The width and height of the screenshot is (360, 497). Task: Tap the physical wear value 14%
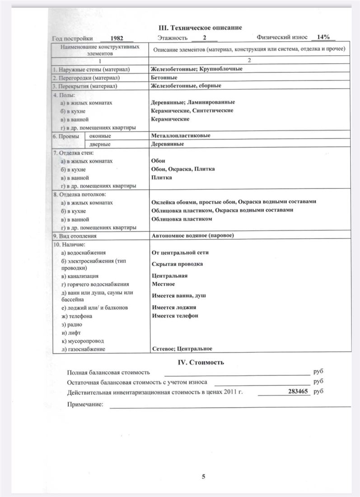tap(323, 37)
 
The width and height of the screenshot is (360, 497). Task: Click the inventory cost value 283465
tap(299, 392)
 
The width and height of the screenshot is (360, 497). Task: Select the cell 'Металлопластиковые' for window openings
tap(181, 135)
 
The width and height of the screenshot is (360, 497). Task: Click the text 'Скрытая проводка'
tap(177, 264)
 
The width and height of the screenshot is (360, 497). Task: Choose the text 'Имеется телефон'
tap(175, 315)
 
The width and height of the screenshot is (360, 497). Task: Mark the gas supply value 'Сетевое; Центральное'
tap(182, 348)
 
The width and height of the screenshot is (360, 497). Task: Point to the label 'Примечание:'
tap(85, 404)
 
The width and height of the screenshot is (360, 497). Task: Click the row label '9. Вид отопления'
tap(75, 236)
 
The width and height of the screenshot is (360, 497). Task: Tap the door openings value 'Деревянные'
tap(167, 144)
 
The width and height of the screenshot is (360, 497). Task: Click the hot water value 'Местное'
tap(164, 284)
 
